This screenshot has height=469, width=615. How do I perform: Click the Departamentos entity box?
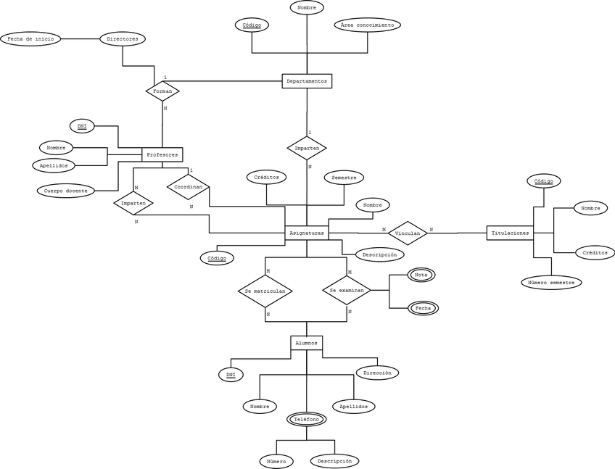coord(306,81)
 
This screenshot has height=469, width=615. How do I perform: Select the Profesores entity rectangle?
coord(162,154)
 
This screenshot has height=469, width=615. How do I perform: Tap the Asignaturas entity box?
coord(306,233)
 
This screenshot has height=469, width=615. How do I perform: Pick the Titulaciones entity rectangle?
coord(510,233)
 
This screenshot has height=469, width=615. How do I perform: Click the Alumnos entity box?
coord(306,343)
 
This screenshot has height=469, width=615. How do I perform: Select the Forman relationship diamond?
coord(162,91)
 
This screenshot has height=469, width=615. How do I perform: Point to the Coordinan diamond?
coord(188,187)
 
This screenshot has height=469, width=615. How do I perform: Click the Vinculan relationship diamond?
coord(408,233)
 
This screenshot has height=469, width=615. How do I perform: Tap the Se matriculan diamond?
coord(265,291)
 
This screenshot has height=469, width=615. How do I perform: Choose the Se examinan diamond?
coord(346,290)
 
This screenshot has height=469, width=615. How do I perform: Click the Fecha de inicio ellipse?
coord(30,39)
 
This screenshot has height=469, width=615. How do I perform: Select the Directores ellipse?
coord(123,39)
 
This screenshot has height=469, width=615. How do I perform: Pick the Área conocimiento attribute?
coord(368,25)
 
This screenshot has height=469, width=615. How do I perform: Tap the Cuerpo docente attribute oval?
coord(66,191)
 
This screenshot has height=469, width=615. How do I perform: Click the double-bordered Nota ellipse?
coord(421,275)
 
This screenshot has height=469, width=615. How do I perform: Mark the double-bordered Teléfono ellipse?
coord(307,420)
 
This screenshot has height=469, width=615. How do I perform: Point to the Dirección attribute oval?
coord(377,373)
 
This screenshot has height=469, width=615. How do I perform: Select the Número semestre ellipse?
coord(551,283)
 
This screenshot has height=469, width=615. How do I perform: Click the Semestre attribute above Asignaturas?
coord(343,177)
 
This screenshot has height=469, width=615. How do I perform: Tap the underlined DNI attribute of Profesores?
coord(82,126)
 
